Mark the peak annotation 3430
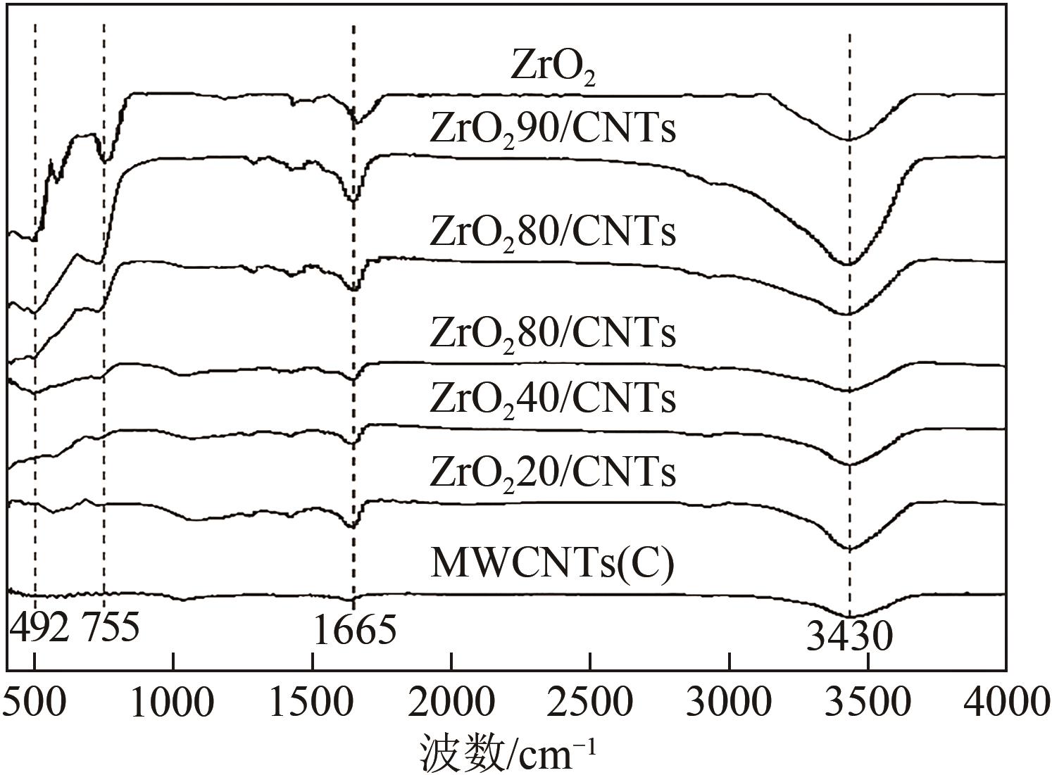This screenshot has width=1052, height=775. click(849, 637)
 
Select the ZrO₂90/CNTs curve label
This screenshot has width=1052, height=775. click(553, 130)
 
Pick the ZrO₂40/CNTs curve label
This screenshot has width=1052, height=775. click(553, 398)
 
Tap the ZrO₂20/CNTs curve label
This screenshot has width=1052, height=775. click(553, 472)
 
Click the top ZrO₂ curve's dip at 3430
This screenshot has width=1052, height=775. click(850, 139)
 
